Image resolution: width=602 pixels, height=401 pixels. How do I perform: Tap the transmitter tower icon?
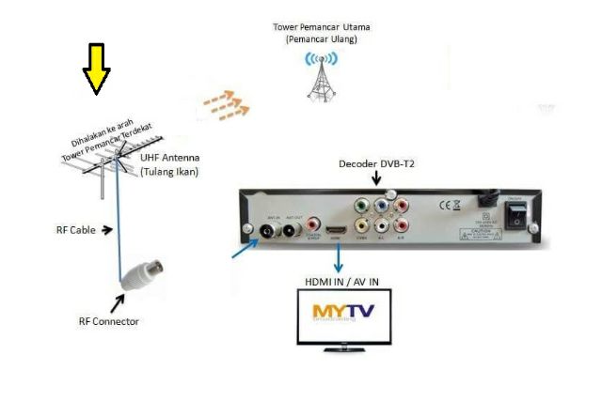coord(321,76)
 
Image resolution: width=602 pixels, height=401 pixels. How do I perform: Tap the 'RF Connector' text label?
coord(108,321)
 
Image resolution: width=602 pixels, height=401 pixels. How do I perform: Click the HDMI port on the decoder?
coord(335,231)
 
